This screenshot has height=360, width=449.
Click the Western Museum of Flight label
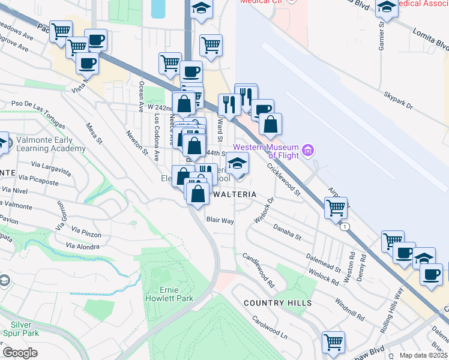(266, 151)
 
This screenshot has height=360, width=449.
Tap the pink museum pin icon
(309, 149)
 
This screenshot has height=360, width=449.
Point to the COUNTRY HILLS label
(278, 303)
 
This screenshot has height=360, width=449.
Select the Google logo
(20, 353)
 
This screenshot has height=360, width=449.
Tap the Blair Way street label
(220, 221)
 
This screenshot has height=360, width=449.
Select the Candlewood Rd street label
(258, 268)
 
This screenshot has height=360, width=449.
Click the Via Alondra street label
(82, 246)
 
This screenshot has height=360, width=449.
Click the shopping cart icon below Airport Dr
(336, 209)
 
